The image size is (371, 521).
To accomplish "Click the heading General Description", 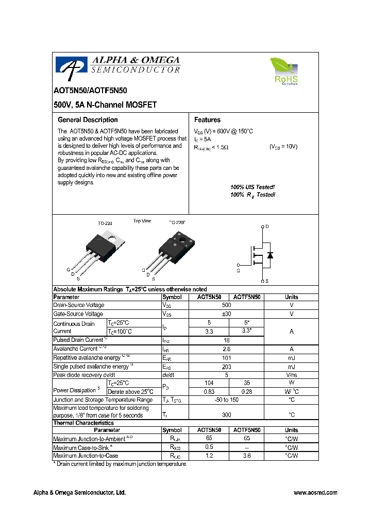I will [x=88, y=120].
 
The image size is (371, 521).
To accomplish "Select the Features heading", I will [x=207, y=120].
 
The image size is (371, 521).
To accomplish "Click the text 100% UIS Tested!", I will [x=252, y=187].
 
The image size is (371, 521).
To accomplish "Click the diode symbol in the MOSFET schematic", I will [x=269, y=255].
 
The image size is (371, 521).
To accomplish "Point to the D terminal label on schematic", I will [x=267, y=227].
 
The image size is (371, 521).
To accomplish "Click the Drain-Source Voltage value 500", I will [x=226, y=305].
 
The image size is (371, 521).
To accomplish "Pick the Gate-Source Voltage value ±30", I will [x=226, y=314].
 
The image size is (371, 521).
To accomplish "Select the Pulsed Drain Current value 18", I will [x=226, y=340].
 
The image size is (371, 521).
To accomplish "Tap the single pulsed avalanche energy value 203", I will [x=226, y=367].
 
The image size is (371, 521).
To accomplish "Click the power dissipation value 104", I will [x=209, y=384].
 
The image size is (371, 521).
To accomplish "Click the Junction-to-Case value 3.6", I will [x=246, y=456].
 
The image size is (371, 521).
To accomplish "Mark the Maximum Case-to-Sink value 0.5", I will [x=209, y=447].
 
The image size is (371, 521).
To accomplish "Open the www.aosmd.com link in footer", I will [x=315, y=493].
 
